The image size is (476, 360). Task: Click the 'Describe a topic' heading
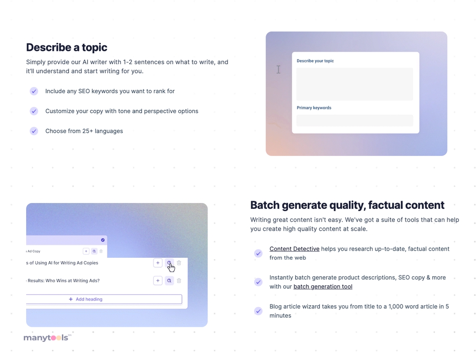point(67,47)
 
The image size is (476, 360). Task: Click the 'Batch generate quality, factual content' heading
point(347,205)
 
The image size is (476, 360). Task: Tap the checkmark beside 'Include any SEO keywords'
point(34,91)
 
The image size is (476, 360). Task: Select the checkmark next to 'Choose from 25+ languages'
point(34,131)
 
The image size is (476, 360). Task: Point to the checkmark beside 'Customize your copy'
point(34,111)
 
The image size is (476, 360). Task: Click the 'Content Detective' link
point(295,249)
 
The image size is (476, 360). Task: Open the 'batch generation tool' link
point(323,287)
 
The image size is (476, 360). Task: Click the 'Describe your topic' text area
point(355,84)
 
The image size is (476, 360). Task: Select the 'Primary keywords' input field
point(355,120)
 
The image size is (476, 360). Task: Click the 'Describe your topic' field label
point(315,61)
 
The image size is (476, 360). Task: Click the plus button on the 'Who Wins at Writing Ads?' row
point(158,281)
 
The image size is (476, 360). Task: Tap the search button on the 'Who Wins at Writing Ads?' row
point(169,281)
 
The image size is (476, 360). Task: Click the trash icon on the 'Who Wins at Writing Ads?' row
point(179,281)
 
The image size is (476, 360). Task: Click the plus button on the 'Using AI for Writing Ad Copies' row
point(158,263)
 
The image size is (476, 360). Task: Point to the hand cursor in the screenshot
point(171,267)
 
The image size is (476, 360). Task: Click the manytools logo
point(47,338)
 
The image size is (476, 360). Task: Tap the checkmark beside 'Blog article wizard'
point(258,311)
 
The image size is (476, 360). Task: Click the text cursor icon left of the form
point(278,69)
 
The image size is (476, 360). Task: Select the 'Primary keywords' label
point(314,108)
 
